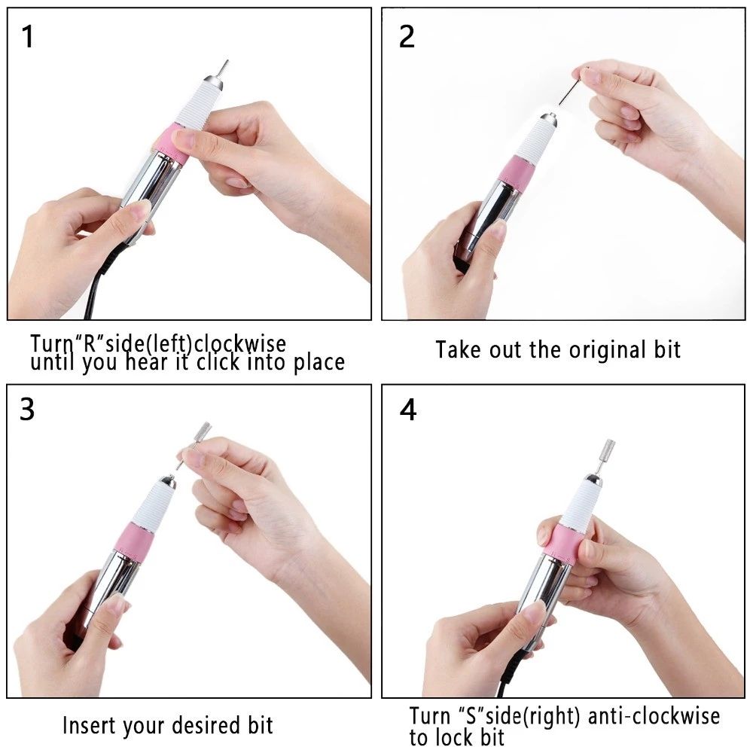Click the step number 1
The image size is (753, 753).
click(x=28, y=37)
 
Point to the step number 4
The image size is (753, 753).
click(x=407, y=410)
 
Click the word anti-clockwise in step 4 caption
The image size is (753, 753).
click(x=654, y=716)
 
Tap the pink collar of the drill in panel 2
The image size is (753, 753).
click(x=516, y=172)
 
